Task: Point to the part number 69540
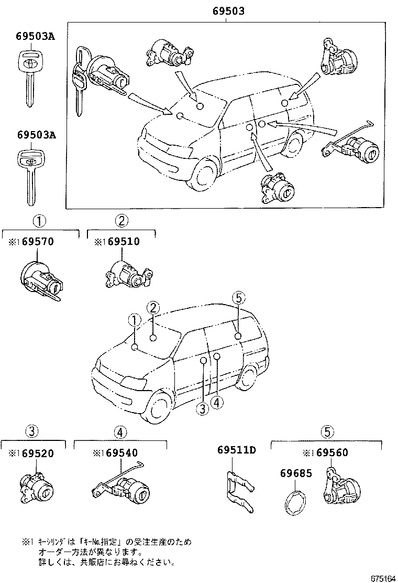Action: [x=125, y=453]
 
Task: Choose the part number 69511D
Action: [x=236, y=450]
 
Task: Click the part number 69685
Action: [x=296, y=473]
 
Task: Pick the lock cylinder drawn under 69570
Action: [x=42, y=278]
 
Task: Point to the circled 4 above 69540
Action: [x=120, y=432]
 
